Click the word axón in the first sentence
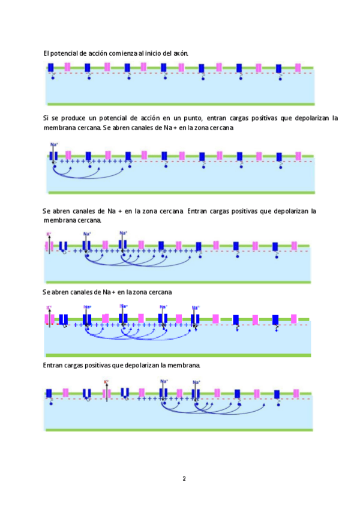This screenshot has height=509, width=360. click(x=181, y=53)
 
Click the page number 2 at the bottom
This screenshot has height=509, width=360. click(x=184, y=479)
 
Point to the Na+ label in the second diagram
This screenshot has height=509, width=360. click(x=54, y=145)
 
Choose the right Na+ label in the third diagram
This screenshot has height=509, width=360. click(x=124, y=232)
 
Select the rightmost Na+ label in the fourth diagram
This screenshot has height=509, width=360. click(x=195, y=307)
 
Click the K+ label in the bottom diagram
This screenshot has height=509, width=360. click(x=106, y=382)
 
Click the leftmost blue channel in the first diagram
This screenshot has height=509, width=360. click(x=52, y=68)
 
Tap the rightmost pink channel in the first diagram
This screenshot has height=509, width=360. click(x=298, y=67)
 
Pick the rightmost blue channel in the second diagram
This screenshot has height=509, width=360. click(x=278, y=157)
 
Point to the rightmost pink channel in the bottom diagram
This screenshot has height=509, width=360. click(x=296, y=393)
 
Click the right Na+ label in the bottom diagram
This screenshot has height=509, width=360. click(x=196, y=382)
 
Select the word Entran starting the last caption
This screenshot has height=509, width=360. click(x=53, y=365)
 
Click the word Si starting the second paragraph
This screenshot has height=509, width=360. click(x=46, y=118)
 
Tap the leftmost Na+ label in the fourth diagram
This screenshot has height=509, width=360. click(x=87, y=307)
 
